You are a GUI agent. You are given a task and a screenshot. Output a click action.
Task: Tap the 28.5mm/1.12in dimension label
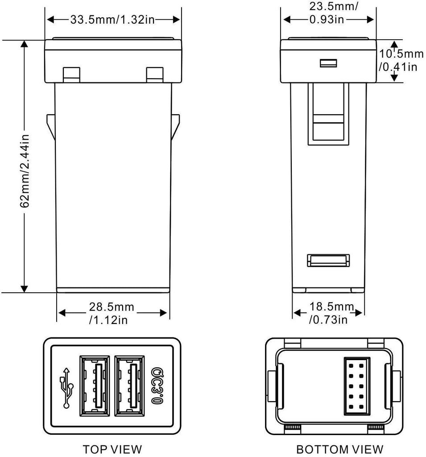[112, 313]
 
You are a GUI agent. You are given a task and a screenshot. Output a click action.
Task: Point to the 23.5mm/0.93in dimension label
[329, 13]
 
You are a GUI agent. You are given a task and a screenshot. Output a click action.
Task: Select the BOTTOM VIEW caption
[340, 449]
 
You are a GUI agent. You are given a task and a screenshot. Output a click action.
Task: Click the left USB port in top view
[95, 384]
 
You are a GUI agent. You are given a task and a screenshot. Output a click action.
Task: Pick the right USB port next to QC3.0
[129, 384]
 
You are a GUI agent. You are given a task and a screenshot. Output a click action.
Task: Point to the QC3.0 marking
[157, 386]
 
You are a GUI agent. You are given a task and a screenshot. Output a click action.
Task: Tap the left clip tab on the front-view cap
[71, 75]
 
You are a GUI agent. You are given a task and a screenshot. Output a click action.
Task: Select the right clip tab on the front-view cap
[155, 75]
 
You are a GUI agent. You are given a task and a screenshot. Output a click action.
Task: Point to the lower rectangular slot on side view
[329, 261]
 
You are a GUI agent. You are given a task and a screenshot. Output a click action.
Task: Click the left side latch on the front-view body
[50, 126]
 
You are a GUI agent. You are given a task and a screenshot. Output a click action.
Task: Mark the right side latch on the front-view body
[175, 126]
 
